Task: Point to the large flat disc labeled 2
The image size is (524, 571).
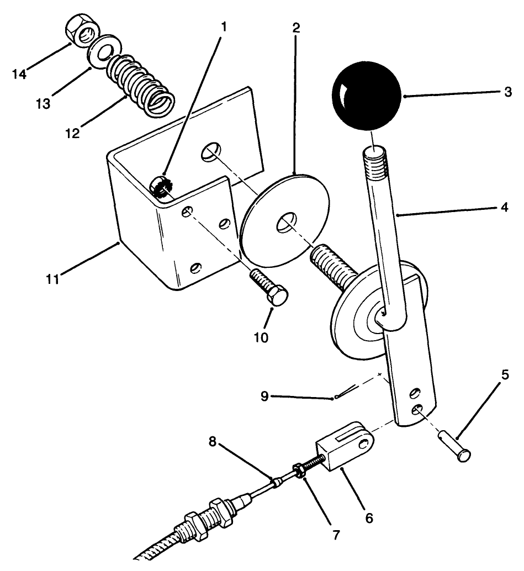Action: (285, 221)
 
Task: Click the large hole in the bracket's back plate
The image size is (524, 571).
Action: (210, 150)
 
